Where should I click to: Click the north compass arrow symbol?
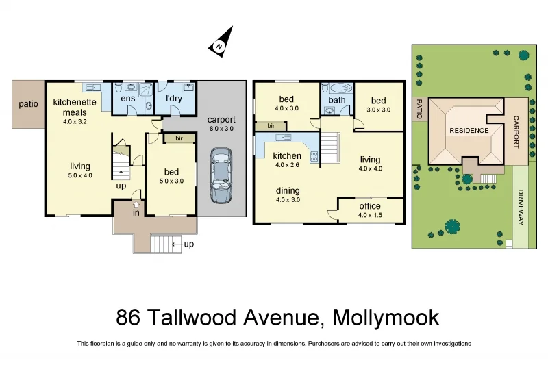[x=220, y=42]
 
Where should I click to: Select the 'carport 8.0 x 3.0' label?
[x=221, y=123]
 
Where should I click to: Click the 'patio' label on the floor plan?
[x=27, y=104]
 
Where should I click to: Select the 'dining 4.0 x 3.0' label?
[x=287, y=195]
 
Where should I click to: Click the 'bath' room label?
[x=337, y=100]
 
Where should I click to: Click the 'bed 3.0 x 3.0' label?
[x=379, y=105]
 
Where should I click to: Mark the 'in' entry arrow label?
[x=136, y=212]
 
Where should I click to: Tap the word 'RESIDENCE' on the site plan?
[x=469, y=131]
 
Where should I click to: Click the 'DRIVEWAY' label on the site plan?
[x=521, y=207]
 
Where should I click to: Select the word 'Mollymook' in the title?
[x=385, y=318]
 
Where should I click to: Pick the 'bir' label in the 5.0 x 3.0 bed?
[x=179, y=138]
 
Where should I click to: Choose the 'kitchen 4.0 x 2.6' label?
[x=287, y=160]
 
